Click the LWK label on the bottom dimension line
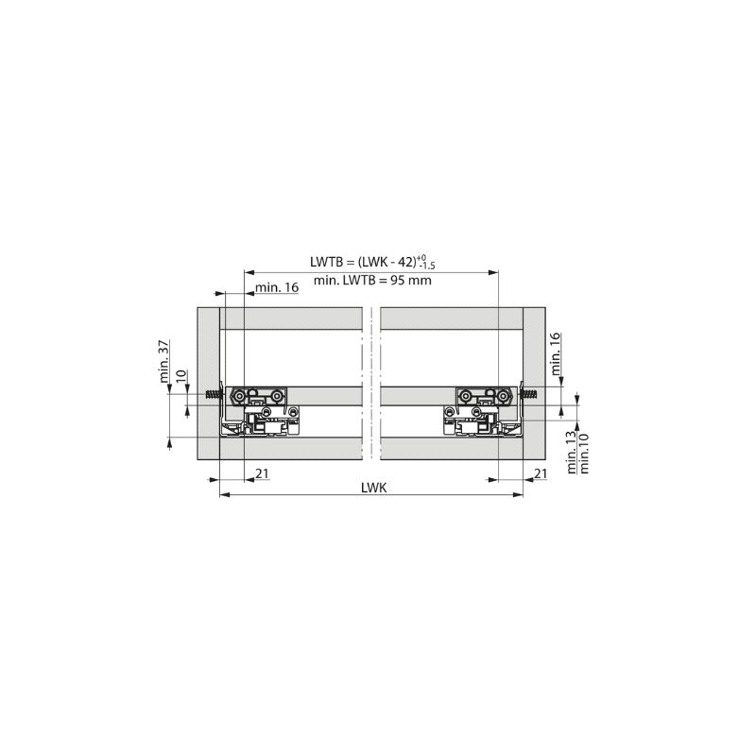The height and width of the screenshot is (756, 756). coord(373,488)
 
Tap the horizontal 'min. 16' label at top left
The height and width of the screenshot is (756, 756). coord(277,287)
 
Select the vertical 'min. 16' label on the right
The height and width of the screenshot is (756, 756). coord(555,353)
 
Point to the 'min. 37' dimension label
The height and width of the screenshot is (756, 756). coord(163,361)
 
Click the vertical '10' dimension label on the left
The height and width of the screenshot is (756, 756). coord(180,376)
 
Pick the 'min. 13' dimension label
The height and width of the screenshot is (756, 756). coord(572,453)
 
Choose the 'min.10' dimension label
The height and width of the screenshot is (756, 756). coord(583,454)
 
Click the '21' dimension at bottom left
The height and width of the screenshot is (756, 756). coord(262,473)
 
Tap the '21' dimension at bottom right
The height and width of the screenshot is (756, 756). coord(541,473)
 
